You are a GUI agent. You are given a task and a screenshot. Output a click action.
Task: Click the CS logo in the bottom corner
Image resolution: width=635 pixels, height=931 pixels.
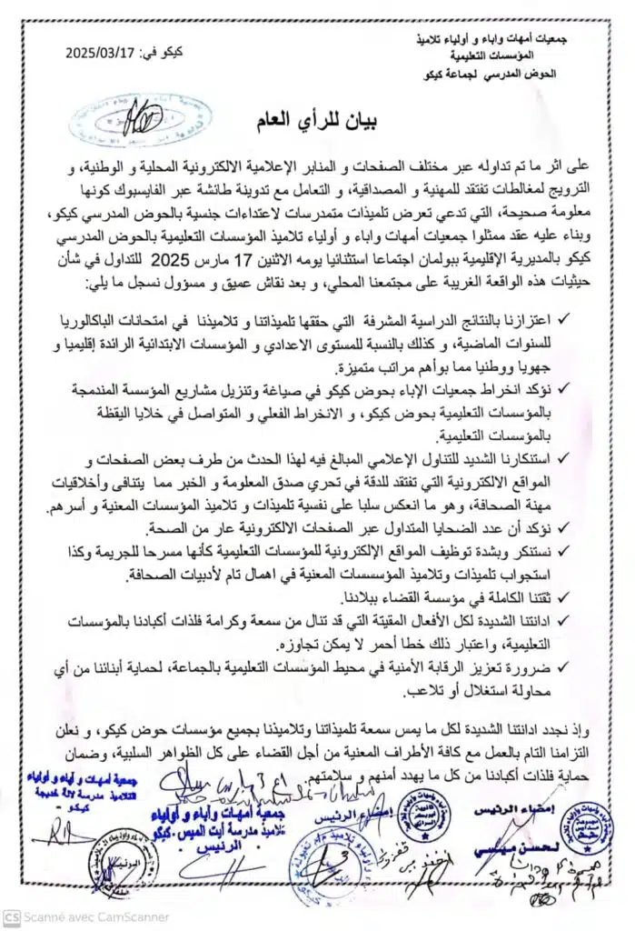tap(11, 917)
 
